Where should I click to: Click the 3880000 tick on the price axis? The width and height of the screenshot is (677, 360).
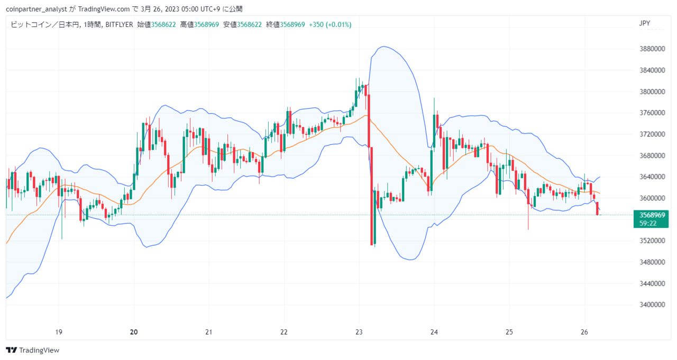pyautogui.click(x=652, y=49)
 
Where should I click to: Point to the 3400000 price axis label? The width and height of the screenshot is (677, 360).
pyautogui.click(x=652, y=304)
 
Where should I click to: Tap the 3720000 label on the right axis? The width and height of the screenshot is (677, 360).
pyautogui.click(x=652, y=134)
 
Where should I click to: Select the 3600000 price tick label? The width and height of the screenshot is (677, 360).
pyautogui.click(x=652, y=198)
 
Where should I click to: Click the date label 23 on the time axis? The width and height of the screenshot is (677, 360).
pyautogui.click(x=359, y=332)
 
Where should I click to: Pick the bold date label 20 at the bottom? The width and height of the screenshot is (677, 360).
pyautogui.click(x=134, y=332)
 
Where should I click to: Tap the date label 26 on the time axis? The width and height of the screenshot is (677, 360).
pyautogui.click(x=584, y=332)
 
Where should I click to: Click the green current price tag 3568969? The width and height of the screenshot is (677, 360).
pyautogui.click(x=652, y=215)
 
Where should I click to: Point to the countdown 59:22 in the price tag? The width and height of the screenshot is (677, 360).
pyautogui.click(x=648, y=224)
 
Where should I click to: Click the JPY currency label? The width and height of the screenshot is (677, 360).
pyautogui.click(x=644, y=24)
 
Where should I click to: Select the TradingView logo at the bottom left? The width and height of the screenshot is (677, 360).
pyautogui.click(x=32, y=350)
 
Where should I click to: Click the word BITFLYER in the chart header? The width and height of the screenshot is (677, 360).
pyautogui.click(x=119, y=25)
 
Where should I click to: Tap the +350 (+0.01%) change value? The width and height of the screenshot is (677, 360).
pyautogui.click(x=330, y=25)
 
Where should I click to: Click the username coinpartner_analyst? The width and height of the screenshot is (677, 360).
pyautogui.click(x=36, y=9)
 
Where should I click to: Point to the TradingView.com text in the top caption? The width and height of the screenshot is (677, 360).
pyautogui.click(x=104, y=9)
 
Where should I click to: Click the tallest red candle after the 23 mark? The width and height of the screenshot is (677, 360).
pyautogui.click(x=371, y=196)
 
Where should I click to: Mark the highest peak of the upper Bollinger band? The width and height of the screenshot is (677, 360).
pyautogui.click(x=383, y=46)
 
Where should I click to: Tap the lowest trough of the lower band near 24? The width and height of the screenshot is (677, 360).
pyautogui.click(x=410, y=260)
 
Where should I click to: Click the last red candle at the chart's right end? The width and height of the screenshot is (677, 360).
pyautogui.click(x=597, y=209)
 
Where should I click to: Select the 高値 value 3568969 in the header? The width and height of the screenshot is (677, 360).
pyautogui.click(x=206, y=25)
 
